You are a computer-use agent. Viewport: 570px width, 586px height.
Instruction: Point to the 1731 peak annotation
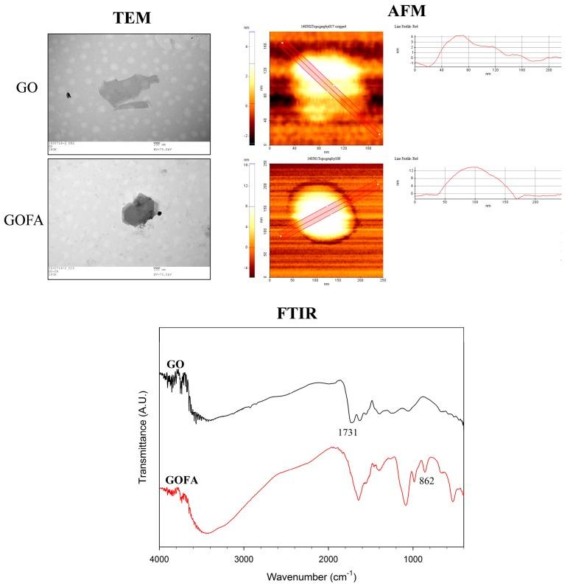point(344,433)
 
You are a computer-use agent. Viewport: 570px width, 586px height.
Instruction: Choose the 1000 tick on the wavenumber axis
point(413,559)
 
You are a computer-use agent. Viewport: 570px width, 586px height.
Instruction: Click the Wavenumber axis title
point(312,576)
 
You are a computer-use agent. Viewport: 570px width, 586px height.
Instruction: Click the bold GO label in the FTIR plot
point(175,364)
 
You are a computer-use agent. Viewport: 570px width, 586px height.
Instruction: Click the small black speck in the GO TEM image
point(68,95)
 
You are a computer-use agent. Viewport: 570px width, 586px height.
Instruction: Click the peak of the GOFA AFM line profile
point(474,167)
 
